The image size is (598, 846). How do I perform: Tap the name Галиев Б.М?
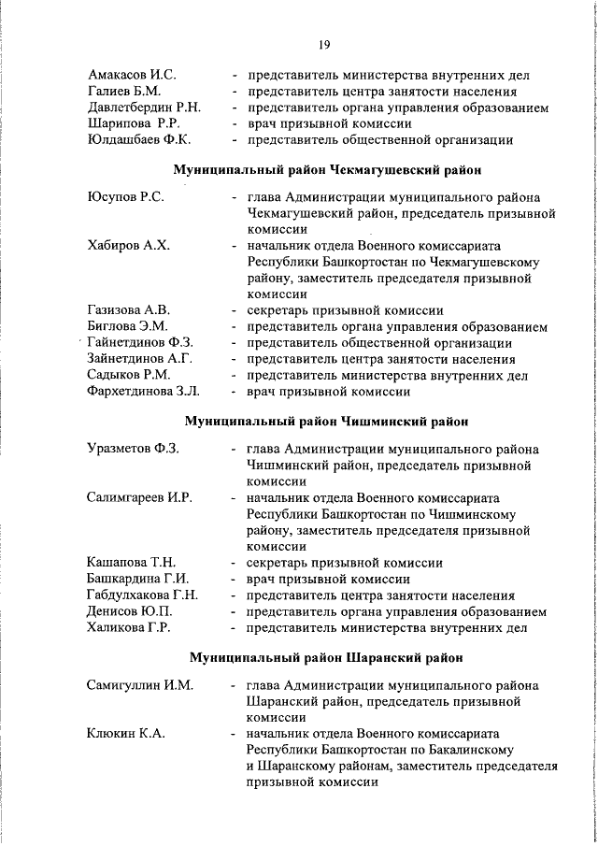124,91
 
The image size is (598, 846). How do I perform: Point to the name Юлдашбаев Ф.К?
139,140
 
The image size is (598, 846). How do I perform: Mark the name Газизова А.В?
130,310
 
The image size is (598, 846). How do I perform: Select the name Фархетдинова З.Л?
144,392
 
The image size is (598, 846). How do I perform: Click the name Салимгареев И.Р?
139,497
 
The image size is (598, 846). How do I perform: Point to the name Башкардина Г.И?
138,579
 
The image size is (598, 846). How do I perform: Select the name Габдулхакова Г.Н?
142,595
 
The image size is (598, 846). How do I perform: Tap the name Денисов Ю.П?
129,611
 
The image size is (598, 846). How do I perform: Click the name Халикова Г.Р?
129,627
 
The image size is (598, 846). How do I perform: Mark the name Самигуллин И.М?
140,685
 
